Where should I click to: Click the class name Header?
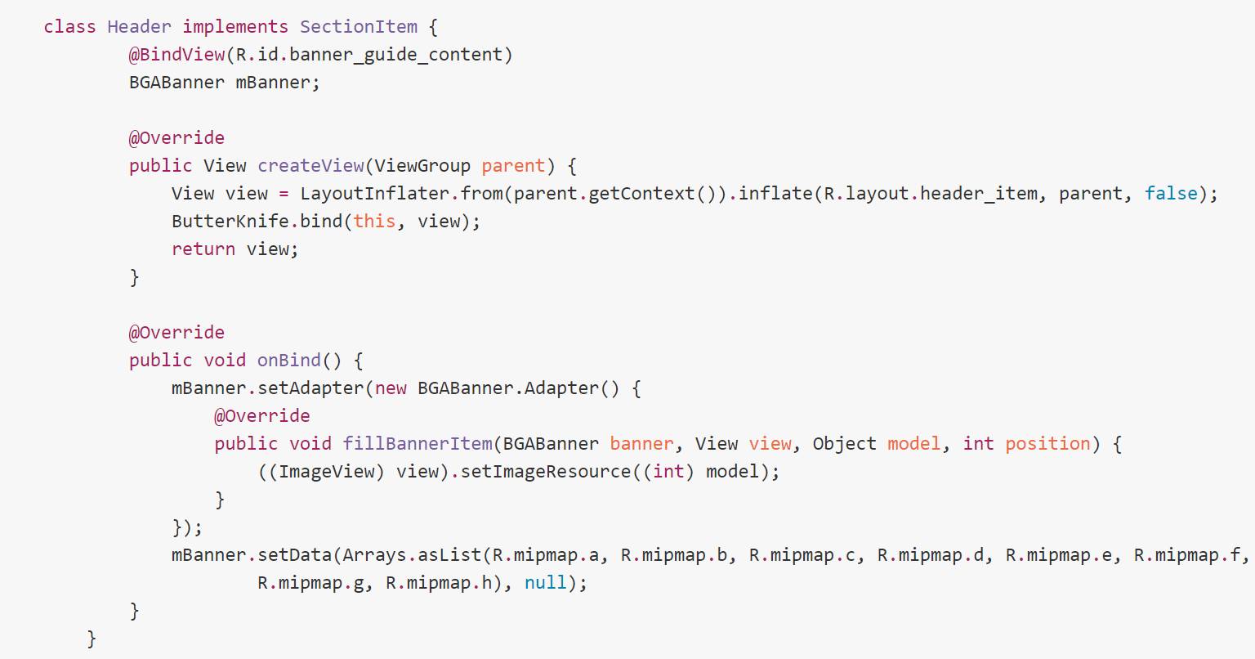pos(139,27)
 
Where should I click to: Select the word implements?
pos(235,27)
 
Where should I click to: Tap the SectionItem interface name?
pos(358,27)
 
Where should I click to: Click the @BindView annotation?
pos(176,55)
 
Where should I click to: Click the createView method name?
pos(310,166)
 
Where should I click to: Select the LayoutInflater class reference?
pos(374,194)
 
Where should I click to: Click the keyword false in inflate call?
pos(1171,194)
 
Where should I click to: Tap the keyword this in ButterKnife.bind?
pos(374,222)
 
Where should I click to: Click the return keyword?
pos(203,249)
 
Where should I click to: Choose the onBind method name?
pos(289,361)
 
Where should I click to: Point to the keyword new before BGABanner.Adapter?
pos(391,388)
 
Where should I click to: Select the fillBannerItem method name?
pos(418,444)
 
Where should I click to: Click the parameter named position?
pos(1047,444)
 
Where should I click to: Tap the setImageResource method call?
pos(546,472)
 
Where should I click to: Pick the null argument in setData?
pos(545,583)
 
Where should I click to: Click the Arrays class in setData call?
pos(374,555)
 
